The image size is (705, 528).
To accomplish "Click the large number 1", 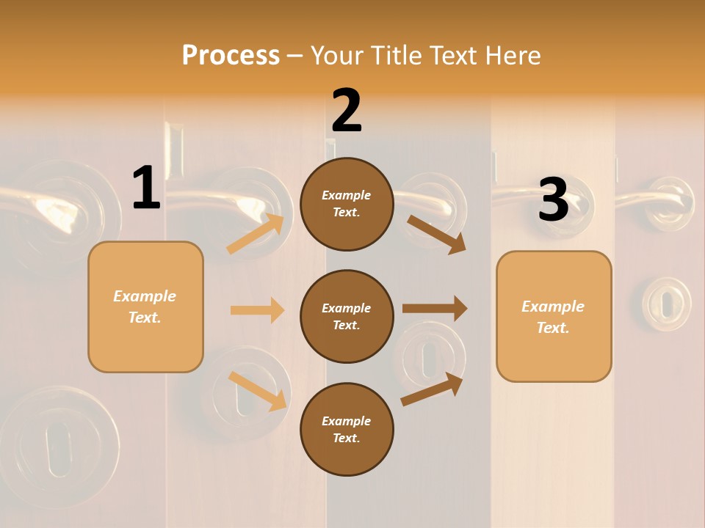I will (146, 188).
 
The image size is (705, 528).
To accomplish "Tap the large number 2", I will (347, 111).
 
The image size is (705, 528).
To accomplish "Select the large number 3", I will (553, 199).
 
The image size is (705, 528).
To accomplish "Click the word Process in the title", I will (231, 55).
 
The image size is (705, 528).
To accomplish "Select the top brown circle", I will (347, 204).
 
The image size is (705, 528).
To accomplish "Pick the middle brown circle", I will (347, 317).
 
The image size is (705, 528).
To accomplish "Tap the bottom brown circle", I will (347, 430).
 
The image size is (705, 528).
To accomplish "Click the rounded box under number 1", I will (145, 307).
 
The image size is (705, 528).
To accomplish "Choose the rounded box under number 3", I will (554, 317).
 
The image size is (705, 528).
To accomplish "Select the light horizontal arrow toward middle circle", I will (257, 310).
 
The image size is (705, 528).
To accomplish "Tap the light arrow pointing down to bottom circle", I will (258, 391).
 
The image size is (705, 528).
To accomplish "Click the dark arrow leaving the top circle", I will (436, 234).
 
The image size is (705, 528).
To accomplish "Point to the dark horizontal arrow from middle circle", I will (434, 308).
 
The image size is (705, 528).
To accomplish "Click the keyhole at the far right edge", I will (666, 303).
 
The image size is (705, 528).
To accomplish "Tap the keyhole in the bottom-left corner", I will (58, 447).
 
